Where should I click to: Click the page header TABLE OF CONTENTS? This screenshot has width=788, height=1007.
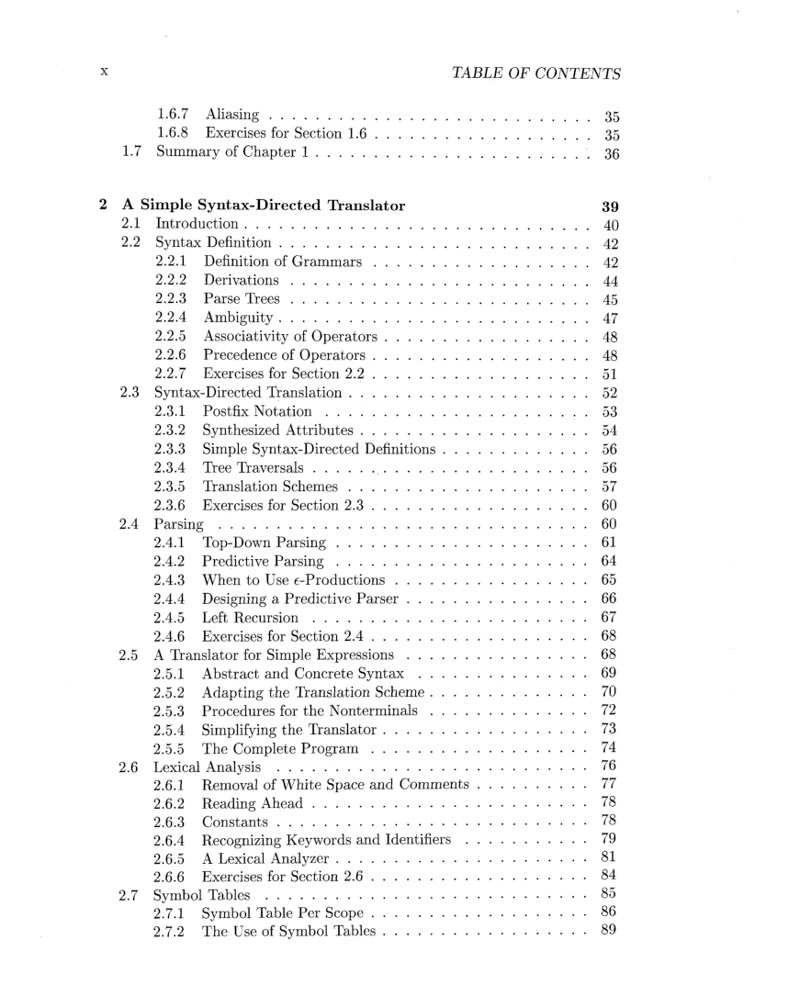point(537,73)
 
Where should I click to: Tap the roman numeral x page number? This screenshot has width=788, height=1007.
point(106,73)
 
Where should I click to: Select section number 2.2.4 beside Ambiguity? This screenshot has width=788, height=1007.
point(173,318)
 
